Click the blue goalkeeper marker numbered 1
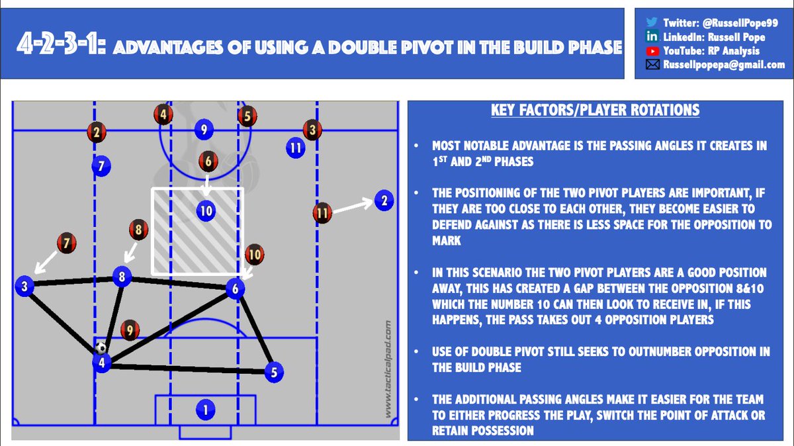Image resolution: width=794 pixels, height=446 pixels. tap(205, 410)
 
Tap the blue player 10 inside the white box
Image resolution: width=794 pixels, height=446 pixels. tap(206, 211)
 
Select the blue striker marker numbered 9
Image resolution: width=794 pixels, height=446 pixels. tap(204, 130)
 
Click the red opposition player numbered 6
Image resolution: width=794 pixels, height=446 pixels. tap(208, 160)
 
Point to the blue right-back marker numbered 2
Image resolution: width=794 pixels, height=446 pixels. tap(382, 200)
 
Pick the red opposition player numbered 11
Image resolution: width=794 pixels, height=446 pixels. tap(322, 214)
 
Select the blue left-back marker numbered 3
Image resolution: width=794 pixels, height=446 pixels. tap(24, 286)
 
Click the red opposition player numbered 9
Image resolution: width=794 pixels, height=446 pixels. tap(130, 329)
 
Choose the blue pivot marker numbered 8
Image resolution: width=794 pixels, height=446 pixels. tap(122, 277)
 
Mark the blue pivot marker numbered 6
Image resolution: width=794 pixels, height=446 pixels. tap(235, 288)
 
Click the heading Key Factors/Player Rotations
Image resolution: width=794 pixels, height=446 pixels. tap(595, 111)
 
